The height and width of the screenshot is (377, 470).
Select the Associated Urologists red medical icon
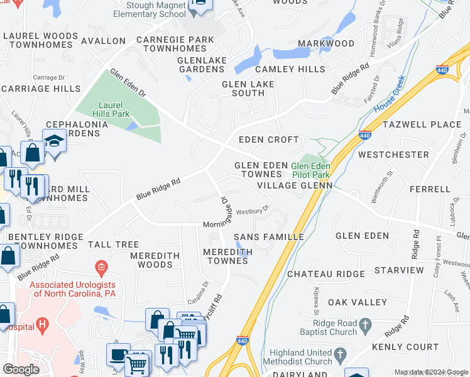tap(101, 269)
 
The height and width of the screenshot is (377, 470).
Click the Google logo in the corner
tap(21, 369)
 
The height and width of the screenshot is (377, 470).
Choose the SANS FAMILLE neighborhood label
tap(268, 237)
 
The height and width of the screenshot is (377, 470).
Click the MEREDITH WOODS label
tap(155, 260)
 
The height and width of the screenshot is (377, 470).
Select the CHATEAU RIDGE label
tap(325, 274)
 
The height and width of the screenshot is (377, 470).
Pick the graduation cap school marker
tap(55, 141)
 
